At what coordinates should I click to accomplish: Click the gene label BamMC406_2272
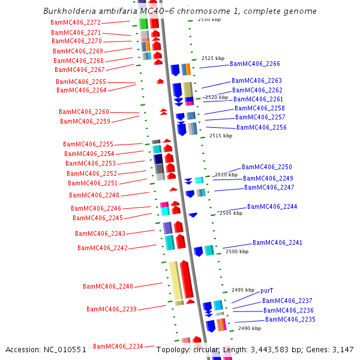[76, 22]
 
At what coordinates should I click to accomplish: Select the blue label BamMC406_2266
[254, 64]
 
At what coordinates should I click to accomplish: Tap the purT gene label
[267, 290]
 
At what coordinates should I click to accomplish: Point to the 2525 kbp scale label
[213, 59]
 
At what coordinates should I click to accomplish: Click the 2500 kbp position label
[236, 252]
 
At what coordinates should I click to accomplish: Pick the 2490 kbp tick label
[250, 329]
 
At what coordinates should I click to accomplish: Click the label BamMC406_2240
[108, 287]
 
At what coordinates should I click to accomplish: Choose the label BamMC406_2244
[272, 206]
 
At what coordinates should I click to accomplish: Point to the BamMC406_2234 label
[118, 346]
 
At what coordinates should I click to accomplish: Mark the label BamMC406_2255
[88, 144]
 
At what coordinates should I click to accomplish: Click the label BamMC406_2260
[84, 112]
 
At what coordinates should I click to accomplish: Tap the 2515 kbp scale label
[221, 136]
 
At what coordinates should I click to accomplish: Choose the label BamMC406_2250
[266, 167]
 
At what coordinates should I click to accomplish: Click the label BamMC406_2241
[277, 243]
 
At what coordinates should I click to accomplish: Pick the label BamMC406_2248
[94, 195]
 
